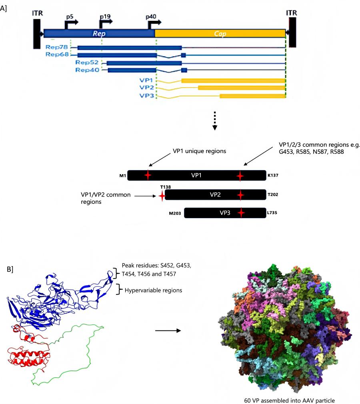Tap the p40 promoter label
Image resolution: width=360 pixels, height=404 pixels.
151,18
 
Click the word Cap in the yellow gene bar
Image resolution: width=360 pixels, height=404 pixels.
220,34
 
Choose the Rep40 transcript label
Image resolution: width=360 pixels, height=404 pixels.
86,70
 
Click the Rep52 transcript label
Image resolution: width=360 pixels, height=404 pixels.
86,63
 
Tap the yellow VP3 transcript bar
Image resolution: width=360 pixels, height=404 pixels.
252,96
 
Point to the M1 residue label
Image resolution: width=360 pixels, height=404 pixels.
122,175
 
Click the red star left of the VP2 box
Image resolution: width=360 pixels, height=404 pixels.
162,196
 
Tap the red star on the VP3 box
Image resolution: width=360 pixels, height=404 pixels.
240,213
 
